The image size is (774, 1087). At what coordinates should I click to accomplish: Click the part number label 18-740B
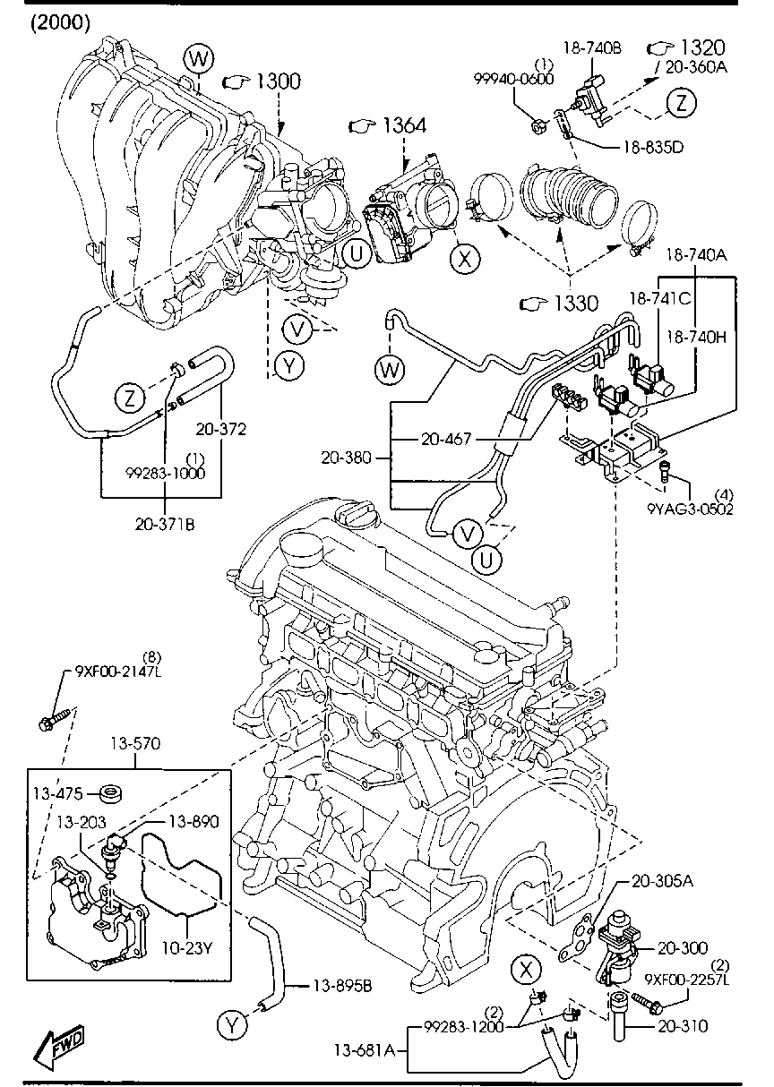(592, 47)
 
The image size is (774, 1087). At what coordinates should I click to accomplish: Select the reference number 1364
(405, 125)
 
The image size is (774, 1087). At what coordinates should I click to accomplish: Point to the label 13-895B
(343, 986)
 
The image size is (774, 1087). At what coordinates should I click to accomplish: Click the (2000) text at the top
(61, 22)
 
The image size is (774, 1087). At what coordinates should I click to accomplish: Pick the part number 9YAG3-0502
(690, 509)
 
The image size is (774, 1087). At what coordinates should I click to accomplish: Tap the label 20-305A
(662, 881)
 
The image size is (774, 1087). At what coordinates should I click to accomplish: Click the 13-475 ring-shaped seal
(111, 794)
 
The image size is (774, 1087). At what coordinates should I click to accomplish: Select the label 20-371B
(165, 524)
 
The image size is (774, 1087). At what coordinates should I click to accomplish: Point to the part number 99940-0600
(513, 79)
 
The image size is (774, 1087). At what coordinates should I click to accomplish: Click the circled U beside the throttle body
(357, 253)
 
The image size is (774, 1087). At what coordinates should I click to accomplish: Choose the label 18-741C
(660, 298)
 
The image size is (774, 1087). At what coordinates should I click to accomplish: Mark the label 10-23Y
(187, 947)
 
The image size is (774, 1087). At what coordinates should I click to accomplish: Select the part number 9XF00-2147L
(118, 672)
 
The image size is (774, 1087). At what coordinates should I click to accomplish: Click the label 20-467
(446, 439)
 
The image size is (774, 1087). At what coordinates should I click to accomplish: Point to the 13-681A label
(365, 1050)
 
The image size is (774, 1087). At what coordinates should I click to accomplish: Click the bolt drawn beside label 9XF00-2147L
(57, 719)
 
